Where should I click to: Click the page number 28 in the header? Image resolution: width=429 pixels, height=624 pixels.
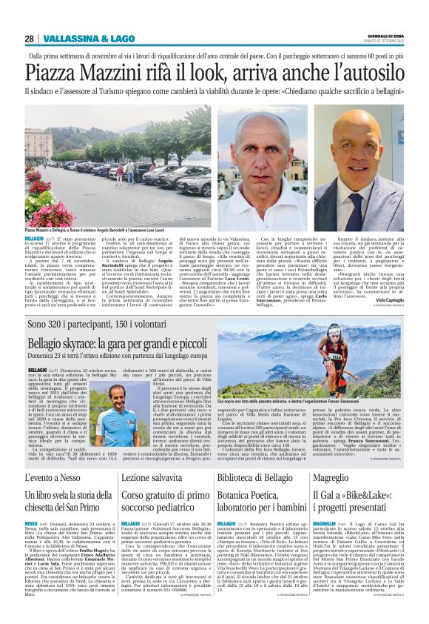pyautogui.click(x=30, y=39)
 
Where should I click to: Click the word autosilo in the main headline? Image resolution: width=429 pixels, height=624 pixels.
pyautogui.click(x=367, y=73)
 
